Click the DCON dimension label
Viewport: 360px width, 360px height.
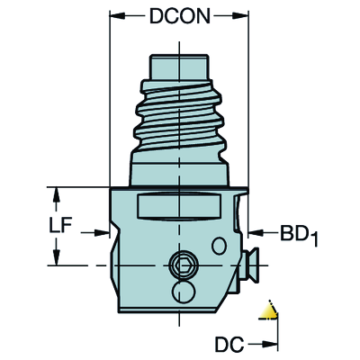pos(179,17)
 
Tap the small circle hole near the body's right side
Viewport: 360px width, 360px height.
pos(219,246)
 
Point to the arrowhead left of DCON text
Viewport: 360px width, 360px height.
pos(116,17)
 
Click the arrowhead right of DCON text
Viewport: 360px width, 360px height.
pos(242,17)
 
